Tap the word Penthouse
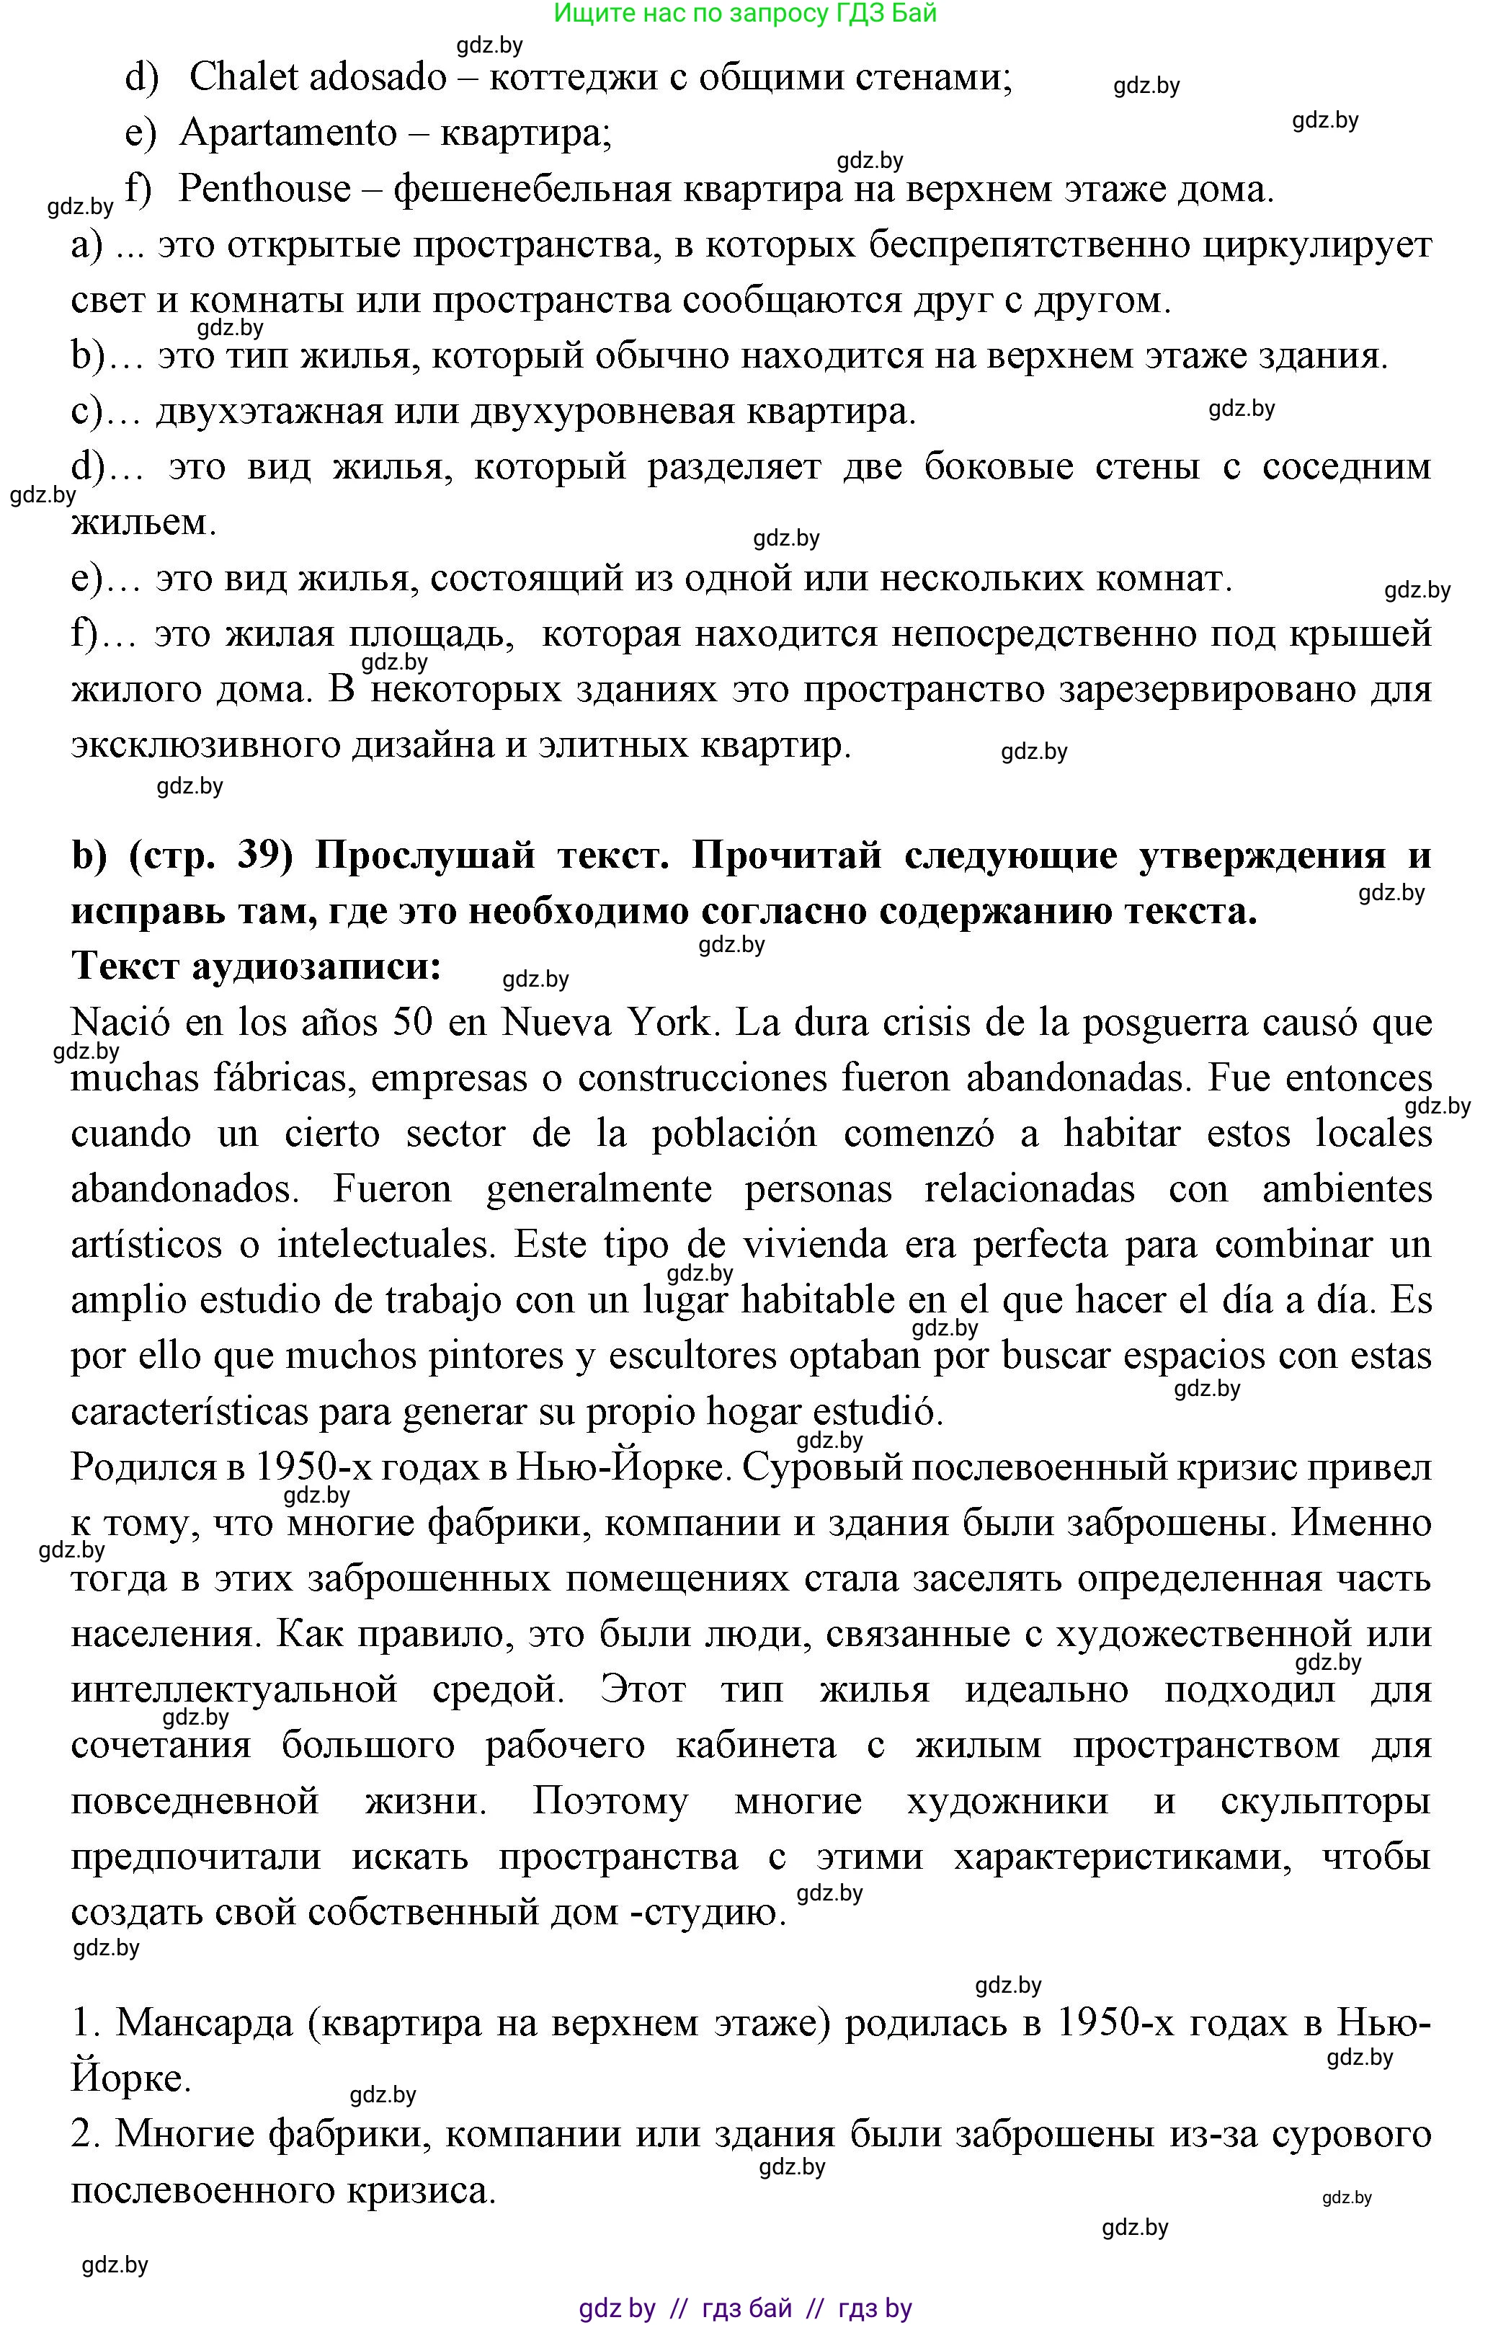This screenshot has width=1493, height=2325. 264,189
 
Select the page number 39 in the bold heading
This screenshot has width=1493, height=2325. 264,856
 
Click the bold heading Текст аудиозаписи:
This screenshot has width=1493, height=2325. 257,966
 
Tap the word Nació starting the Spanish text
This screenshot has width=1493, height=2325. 119,1023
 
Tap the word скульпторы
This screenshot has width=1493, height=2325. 1325,1802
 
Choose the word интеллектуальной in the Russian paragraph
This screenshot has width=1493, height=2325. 233,1690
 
